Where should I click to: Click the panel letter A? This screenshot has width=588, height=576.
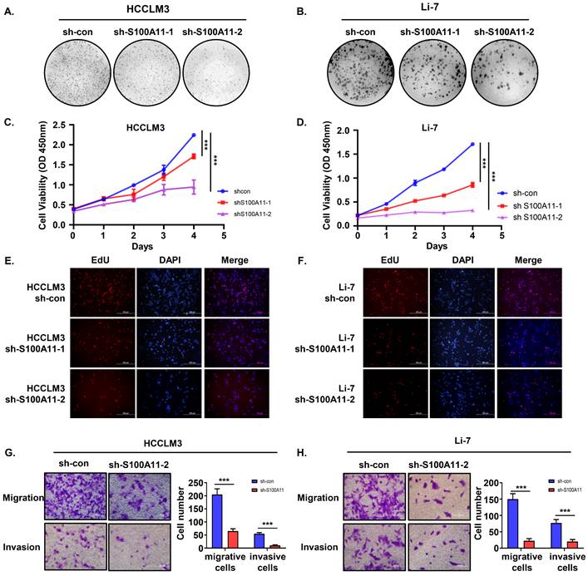point(10,12)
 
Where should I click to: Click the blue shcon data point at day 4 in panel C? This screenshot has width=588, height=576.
point(193,135)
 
